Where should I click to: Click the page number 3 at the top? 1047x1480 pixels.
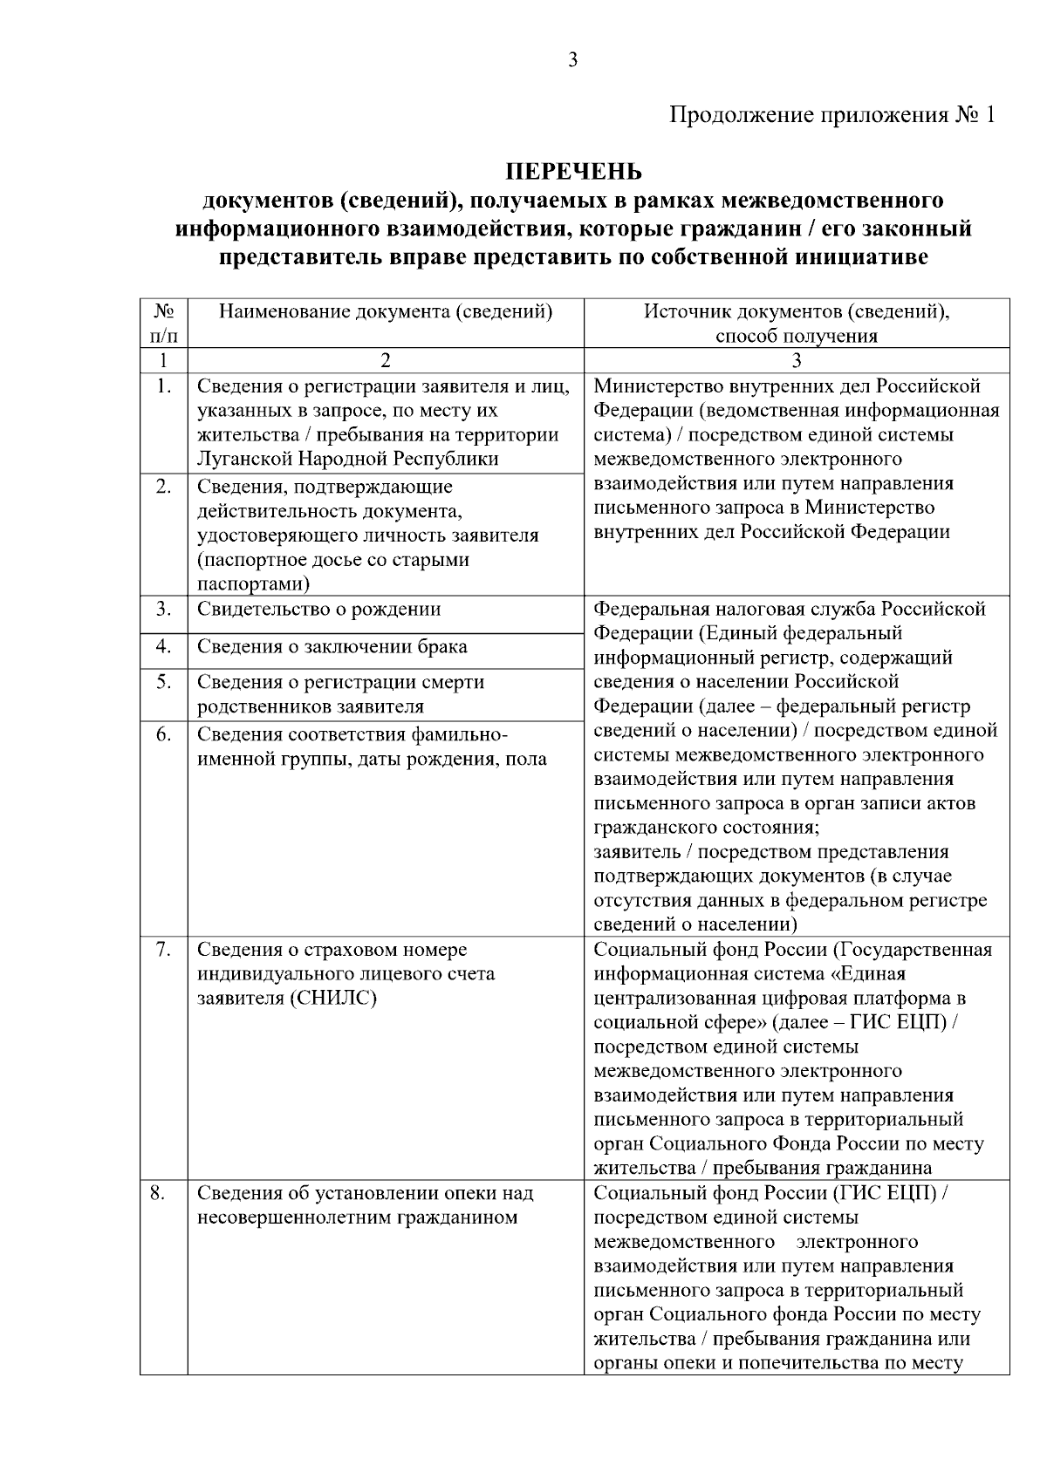[573, 60]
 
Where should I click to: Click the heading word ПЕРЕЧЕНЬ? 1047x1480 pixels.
[575, 171]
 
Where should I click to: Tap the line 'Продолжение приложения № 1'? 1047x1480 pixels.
[831, 115]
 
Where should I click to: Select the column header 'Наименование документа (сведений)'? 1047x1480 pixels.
[386, 312]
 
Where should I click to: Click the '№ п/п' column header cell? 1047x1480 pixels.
[164, 324]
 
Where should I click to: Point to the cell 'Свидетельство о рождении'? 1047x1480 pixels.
[319, 610]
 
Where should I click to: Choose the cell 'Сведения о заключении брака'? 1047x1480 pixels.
[332, 646]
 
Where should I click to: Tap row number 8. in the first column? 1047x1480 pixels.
[158, 1193]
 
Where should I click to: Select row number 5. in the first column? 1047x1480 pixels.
[163, 682]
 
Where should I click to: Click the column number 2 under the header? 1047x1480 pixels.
[386, 361]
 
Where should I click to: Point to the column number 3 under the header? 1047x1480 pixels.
[797, 361]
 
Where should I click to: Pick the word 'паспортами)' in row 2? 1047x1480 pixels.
[253, 583]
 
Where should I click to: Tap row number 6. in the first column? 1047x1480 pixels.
[163, 734]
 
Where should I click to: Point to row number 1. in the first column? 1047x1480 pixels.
[163, 386]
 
